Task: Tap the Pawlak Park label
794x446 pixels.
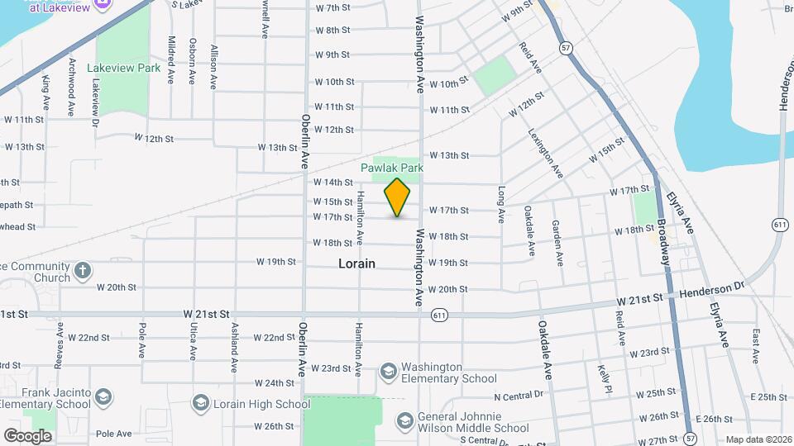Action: pyautogui.click(x=392, y=168)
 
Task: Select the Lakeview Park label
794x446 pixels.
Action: pyautogui.click(x=127, y=69)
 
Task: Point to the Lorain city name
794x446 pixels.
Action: pyautogui.click(x=356, y=263)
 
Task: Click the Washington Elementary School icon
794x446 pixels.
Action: pyautogui.click(x=388, y=373)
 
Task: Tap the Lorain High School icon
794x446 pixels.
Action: pyautogui.click(x=200, y=403)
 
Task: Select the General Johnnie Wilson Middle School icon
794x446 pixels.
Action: pyautogui.click(x=404, y=422)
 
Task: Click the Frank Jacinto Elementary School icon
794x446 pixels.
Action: pyautogui.click(x=103, y=398)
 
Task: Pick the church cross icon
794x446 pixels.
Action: pyautogui.click(x=83, y=271)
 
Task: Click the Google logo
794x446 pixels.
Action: pyautogui.click(x=27, y=435)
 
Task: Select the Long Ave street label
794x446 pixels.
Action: pyautogui.click(x=501, y=205)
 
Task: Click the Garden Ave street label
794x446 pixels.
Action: pyautogui.click(x=558, y=243)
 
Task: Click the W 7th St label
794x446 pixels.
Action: pyautogui.click(x=333, y=8)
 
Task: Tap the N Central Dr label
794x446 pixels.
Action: pyautogui.click(x=521, y=398)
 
